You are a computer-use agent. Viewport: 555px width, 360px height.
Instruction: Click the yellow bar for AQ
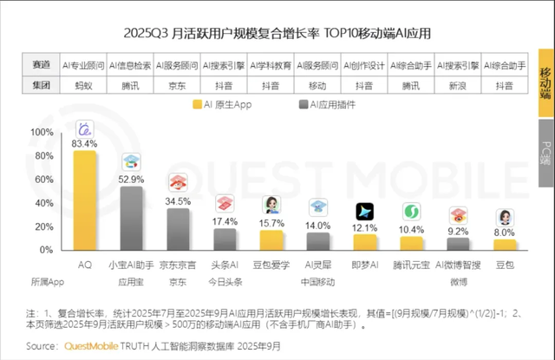click(85, 200)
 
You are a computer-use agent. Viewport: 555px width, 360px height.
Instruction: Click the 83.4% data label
click(85, 143)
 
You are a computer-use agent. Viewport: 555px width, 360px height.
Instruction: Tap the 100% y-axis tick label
click(41, 132)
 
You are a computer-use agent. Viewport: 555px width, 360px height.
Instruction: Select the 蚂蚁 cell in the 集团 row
click(84, 85)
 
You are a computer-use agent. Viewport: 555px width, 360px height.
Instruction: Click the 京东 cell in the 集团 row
click(178, 85)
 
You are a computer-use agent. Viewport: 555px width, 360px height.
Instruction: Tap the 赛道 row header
click(41, 64)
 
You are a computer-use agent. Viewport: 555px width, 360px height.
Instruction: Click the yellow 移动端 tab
click(545, 82)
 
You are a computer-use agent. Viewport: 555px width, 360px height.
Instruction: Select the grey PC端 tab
click(545, 154)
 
